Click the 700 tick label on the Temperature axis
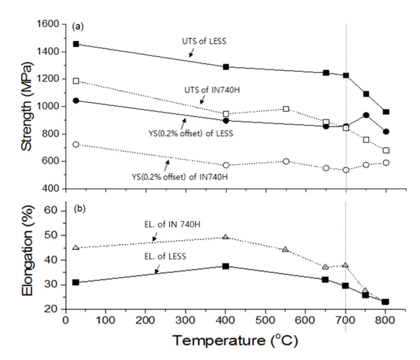point(346,320)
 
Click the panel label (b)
point(77,209)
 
